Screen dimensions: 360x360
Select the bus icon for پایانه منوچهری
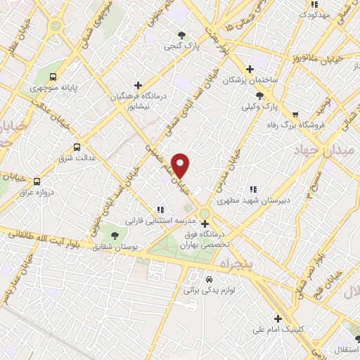tap(54, 76)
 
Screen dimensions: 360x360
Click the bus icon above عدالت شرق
tap(77, 147)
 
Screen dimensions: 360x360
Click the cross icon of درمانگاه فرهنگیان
tap(138, 85)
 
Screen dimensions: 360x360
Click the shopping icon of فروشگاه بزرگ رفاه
tap(295, 113)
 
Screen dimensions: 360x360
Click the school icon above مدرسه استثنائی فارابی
tap(160, 208)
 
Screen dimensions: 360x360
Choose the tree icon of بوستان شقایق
tap(115, 235)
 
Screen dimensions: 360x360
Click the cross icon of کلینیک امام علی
tap(278, 318)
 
